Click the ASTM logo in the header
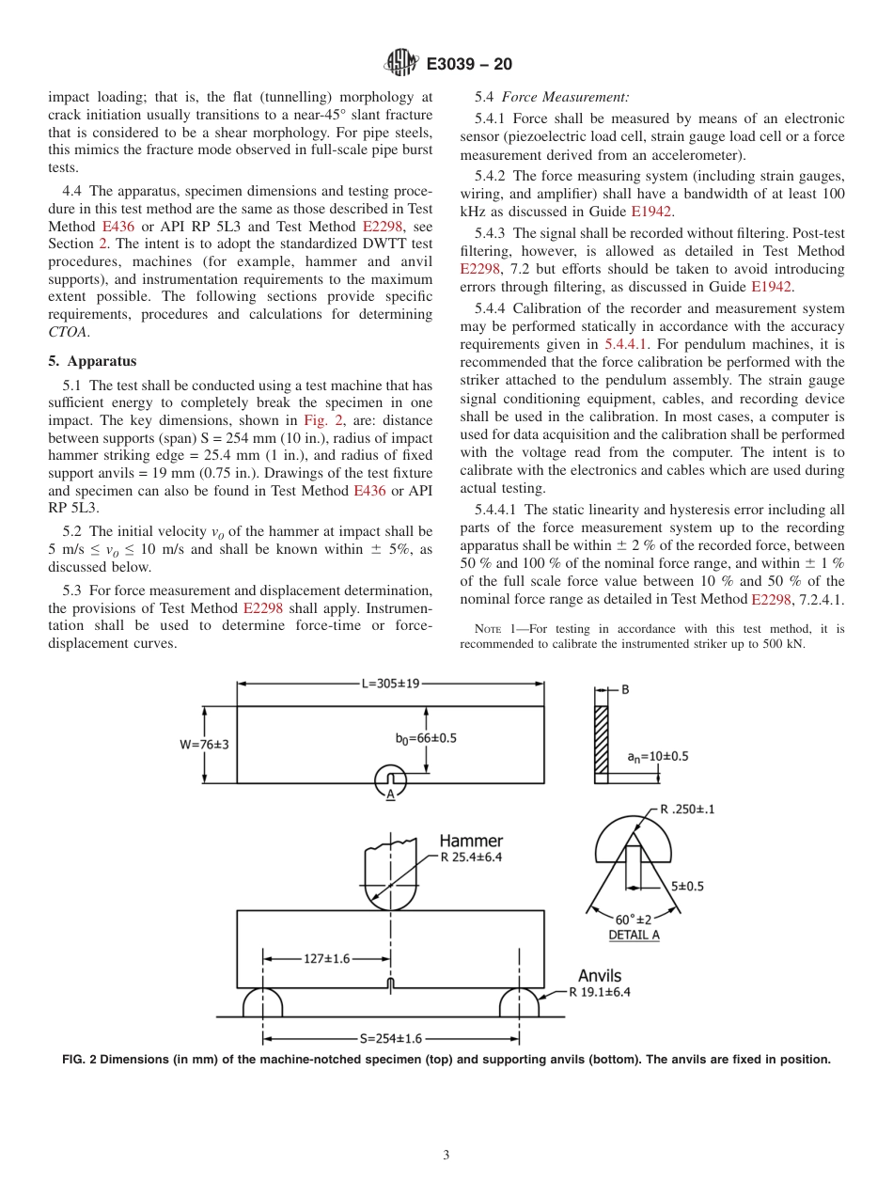point(401,64)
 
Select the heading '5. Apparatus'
point(92,361)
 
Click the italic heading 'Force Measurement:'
point(565,97)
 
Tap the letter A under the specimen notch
point(390,794)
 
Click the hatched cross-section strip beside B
point(601,739)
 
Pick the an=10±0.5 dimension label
point(657,756)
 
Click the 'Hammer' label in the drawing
point(471,841)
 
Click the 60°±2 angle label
point(633,919)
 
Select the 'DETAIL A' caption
point(634,936)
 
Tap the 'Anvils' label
point(600,976)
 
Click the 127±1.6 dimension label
point(326,958)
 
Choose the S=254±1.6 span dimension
point(391,1038)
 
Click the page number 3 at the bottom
point(446,1156)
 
